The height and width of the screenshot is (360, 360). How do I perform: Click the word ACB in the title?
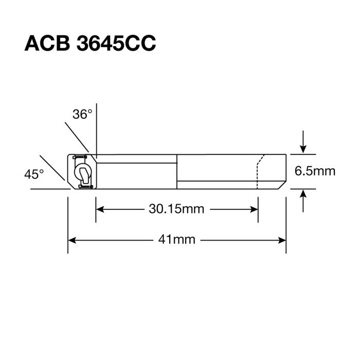47,43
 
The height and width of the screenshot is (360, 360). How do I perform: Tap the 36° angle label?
82,114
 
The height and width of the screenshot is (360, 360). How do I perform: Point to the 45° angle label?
34,174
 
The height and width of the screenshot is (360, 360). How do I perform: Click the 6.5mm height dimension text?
315,171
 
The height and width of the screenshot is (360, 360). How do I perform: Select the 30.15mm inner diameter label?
176,209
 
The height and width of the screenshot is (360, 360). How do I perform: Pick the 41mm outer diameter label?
176,240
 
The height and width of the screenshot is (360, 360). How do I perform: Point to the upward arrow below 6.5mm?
304,194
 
